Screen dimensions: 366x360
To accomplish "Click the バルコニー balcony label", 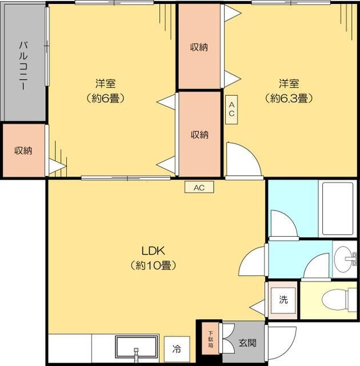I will pyautogui.click(x=23, y=63).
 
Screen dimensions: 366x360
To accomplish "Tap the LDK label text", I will pyautogui.click(x=153, y=250).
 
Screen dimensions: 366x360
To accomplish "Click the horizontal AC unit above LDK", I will pyautogui.click(x=199, y=187).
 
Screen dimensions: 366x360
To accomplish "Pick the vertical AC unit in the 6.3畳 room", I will pyautogui.click(x=231, y=109).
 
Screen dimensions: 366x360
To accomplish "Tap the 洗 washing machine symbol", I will pyautogui.click(x=283, y=300).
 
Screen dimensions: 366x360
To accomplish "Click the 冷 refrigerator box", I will pyautogui.click(x=177, y=348).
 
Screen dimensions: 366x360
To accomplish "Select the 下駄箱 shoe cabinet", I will pyautogui.click(x=210, y=339).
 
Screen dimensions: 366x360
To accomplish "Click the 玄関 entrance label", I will pyautogui.click(x=247, y=343).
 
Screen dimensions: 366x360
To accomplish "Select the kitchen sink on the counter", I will pyautogui.click(x=137, y=347).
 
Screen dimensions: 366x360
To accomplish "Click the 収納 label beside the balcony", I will pyautogui.click(x=23, y=150).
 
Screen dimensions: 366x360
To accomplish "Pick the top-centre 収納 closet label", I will pyautogui.click(x=199, y=47).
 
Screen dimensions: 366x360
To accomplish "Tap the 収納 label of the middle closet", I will pyautogui.click(x=199, y=135).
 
